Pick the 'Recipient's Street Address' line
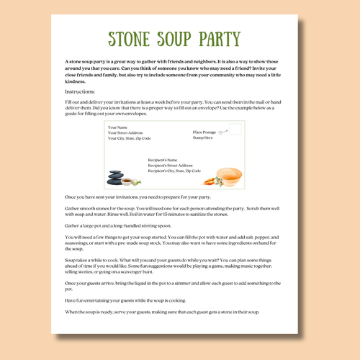pos(170,165)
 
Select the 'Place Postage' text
pos(204,132)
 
